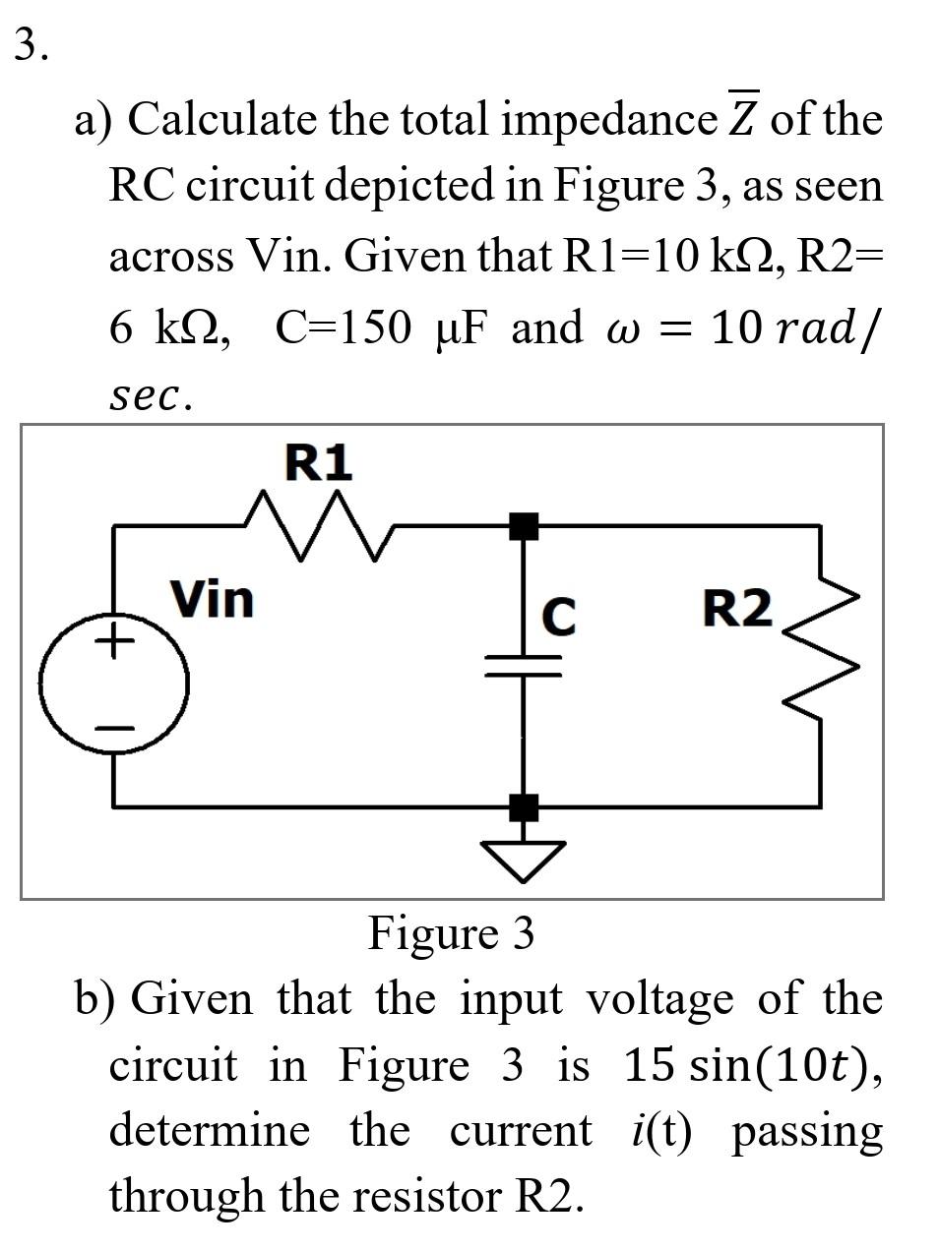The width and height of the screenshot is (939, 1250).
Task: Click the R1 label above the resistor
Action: pos(318,462)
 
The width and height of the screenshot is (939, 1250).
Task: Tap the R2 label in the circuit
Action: pos(737,609)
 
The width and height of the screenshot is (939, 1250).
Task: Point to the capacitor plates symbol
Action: pos(524,667)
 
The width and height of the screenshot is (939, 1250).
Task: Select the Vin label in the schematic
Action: pos(212,599)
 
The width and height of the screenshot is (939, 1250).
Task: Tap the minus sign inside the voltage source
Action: pos(113,728)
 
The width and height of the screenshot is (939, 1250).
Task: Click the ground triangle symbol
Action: pos(524,859)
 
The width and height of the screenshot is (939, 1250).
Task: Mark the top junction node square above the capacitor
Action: pos(524,526)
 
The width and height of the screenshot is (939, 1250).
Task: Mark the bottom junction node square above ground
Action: pos(524,807)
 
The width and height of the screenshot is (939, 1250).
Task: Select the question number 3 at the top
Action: pos(30,44)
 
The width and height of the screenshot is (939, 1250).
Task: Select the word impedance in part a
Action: pos(609,120)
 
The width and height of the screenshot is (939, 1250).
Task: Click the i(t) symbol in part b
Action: pos(660,1130)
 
